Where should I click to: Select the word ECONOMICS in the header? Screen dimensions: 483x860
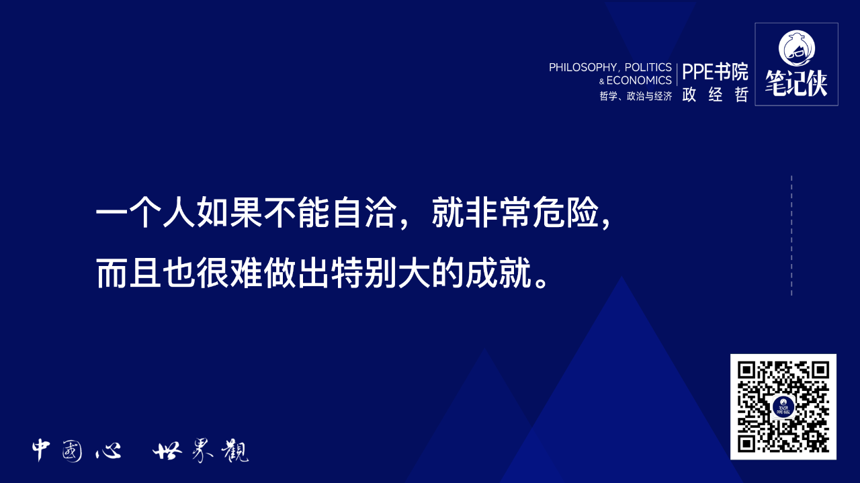[x=639, y=81]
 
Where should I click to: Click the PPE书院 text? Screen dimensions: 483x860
[x=715, y=72]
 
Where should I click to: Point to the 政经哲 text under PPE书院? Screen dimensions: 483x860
[x=715, y=95]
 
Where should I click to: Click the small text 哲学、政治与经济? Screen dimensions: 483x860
[x=636, y=96]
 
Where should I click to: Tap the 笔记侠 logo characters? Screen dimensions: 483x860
[x=796, y=83]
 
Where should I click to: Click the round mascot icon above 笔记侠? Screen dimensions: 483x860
[x=796, y=47]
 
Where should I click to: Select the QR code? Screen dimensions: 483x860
[x=783, y=406]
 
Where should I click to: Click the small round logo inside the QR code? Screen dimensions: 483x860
[x=783, y=406]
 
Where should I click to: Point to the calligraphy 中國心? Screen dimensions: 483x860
[x=76, y=451]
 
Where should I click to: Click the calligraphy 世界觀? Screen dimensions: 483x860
[x=200, y=451]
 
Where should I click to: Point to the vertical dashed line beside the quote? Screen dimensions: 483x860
[x=791, y=235]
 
